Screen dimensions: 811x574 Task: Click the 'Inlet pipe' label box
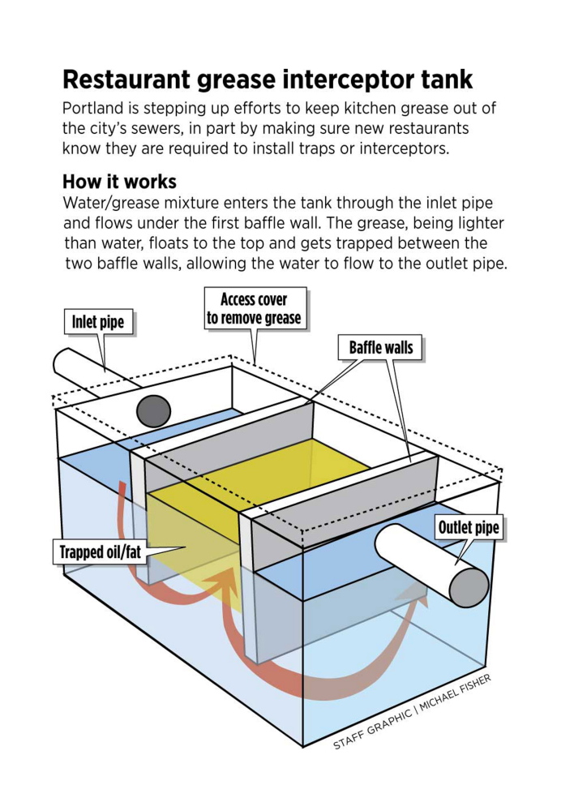[x=98, y=322]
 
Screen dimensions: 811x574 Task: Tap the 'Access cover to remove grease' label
[x=254, y=308]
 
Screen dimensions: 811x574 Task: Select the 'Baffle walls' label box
[x=381, y=348]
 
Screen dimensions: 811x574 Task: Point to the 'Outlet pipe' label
[x=469, y=529]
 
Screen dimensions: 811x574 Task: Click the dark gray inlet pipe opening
[x=153, y=411]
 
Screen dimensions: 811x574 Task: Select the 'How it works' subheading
[x=119, y=180]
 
